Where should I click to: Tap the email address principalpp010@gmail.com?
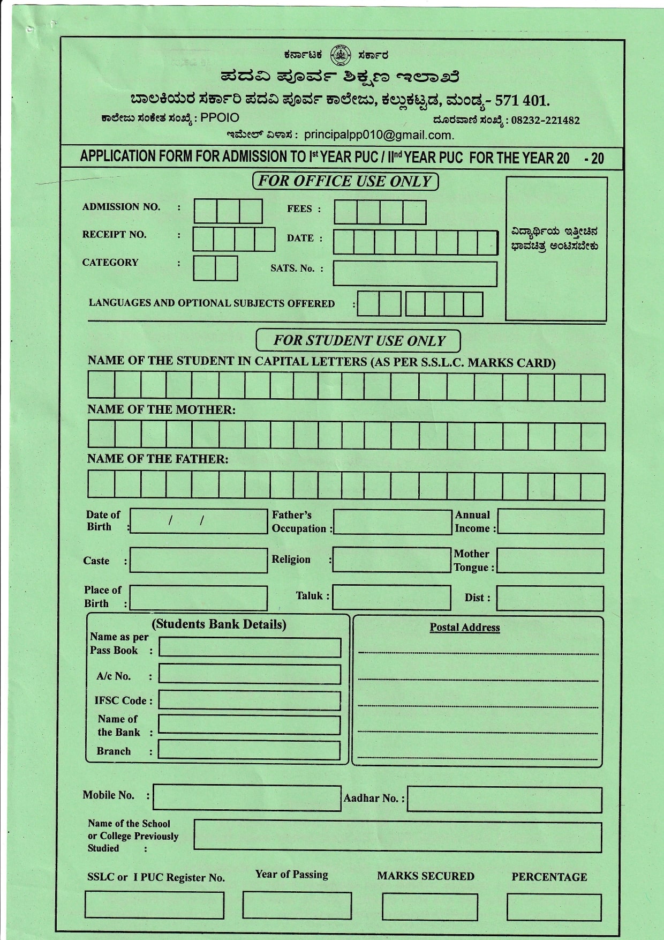coord(379,135)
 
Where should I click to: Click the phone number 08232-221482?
coord(545,121)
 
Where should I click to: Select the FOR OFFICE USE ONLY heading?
coord(345,181)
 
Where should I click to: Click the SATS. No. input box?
coord(414,273)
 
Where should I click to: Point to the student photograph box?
coord(556,249)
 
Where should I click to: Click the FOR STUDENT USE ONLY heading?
coord(358,341)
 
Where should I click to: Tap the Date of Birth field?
coord(199,521)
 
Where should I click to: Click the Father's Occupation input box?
coord(393,522)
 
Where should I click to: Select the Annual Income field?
coord(550,522)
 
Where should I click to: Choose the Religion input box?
coord(391,560)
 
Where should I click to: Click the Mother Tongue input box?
coord(550,561)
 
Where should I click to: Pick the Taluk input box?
coord(391,598)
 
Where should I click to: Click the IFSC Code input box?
coord(250,700)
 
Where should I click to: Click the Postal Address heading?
coord(465,628)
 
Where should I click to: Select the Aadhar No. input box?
coord(504,800)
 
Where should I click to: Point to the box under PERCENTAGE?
coord(554,907)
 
